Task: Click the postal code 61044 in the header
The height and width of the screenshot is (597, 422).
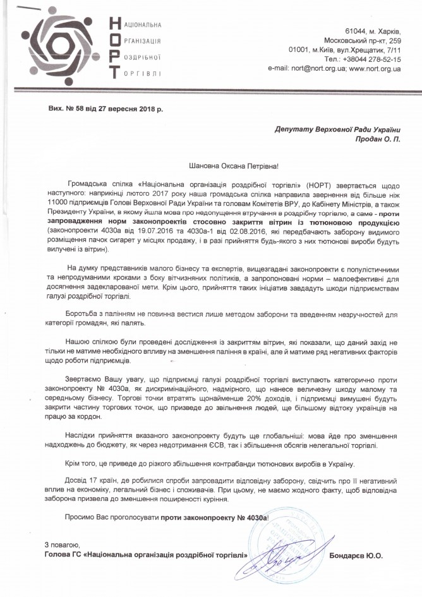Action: click(x=356, y=30)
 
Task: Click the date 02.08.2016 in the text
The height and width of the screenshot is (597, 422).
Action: click(x=226, y=232)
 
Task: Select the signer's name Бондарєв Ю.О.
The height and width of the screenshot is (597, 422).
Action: click(x=357, y=556)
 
